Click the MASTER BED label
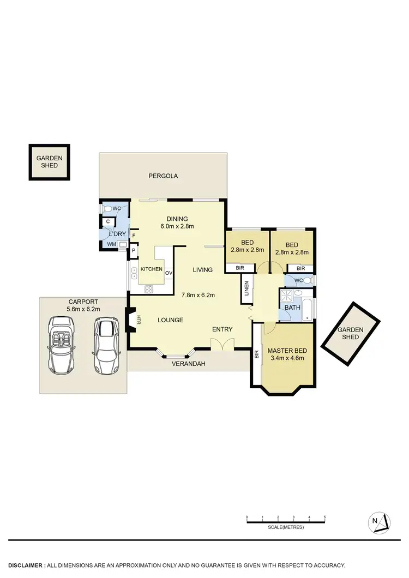[287, 350]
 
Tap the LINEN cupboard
[246, 288]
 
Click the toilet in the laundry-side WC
[108, 208]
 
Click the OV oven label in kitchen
[169, 273]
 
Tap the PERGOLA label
[163, 176]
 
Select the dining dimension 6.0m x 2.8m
[177, 226]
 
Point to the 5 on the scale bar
[325, 516]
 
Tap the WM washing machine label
[111, 244]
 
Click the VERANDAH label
[188, 364]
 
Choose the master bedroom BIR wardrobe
[256, 354]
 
